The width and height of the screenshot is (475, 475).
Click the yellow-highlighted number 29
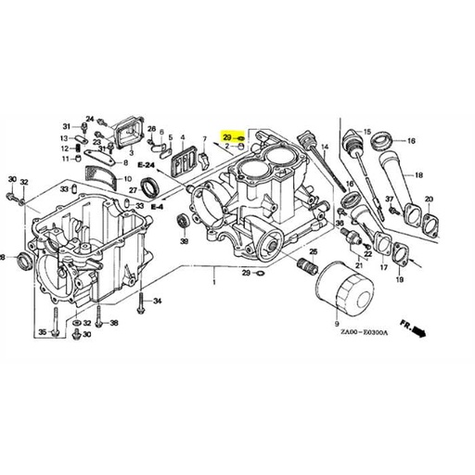226,137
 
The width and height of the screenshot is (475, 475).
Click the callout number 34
158,301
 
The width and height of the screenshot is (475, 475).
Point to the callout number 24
90,118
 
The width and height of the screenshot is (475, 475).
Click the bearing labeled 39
184,223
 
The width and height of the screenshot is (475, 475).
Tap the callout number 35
42,331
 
